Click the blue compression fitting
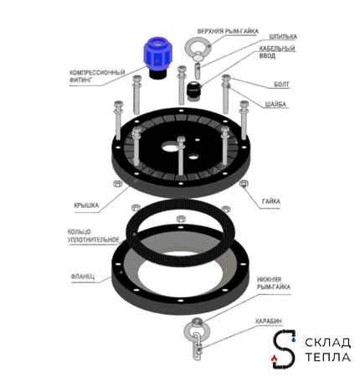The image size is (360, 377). (157, 57)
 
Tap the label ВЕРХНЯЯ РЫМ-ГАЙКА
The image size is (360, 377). (228, 31)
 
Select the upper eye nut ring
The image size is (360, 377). (198, 46)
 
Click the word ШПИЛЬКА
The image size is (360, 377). (283, 37)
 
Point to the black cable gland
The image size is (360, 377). (194, 91)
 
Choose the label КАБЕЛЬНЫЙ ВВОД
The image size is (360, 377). (277, 52)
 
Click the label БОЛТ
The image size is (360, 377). (281, 84)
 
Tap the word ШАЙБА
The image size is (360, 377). (275, 104)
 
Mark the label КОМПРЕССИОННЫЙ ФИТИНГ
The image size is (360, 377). (97, 76)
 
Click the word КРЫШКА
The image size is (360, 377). (86, 205)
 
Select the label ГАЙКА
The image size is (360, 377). (271, 201)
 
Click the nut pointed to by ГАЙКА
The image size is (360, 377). (244, 183)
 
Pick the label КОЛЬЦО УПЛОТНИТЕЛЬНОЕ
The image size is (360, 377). (94, 235)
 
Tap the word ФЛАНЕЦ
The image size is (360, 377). (83, 276)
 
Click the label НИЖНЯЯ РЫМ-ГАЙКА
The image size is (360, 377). (274, 283)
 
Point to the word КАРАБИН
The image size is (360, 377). (269, 321)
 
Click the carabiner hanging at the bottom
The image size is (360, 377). (198, 346)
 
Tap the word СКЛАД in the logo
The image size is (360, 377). (327, 343)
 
